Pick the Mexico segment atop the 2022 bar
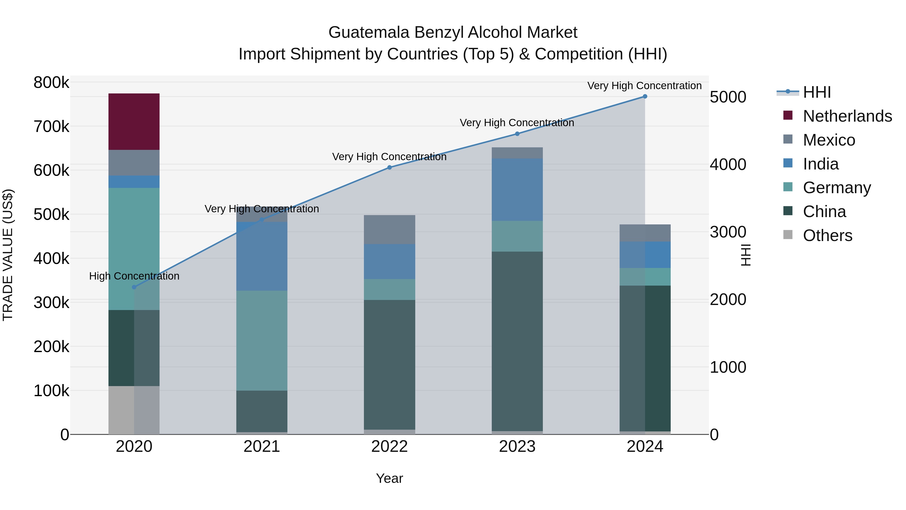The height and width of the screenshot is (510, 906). [389, 229]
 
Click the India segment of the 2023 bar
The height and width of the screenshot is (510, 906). [517, 189]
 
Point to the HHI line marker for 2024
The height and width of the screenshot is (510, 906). [645, 96]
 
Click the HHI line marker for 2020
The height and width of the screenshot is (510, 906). [134, 287]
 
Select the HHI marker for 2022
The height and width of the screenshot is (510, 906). [389, 167]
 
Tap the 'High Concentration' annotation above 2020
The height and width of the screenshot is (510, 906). [134, 276]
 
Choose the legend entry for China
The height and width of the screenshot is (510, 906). [824, 212]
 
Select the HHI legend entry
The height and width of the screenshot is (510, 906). [816, 92]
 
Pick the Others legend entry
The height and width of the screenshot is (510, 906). [827, 235]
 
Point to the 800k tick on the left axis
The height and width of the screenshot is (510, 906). [51, 83]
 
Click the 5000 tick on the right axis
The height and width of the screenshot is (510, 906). [728, 97]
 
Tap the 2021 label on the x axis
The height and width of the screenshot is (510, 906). [262, 447]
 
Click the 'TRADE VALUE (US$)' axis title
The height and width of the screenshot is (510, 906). [8, 255]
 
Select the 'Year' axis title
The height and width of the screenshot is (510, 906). [389, 478]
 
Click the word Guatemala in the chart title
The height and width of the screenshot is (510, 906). [369, 32]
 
